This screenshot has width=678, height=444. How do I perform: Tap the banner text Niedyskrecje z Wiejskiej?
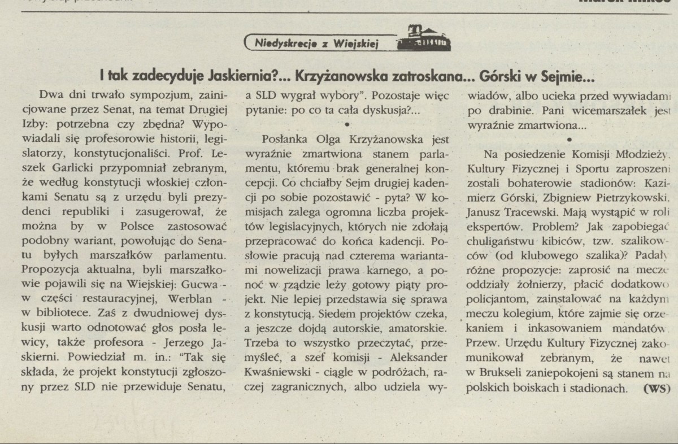point(316,42)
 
